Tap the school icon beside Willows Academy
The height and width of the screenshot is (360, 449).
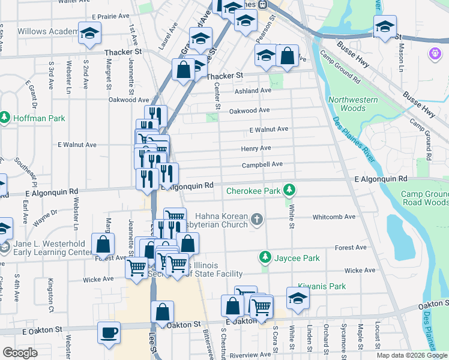(x=89, y=34)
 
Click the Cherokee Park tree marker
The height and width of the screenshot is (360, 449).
(x=289, y=190)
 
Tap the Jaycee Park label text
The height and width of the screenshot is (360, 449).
(x=297, y=258)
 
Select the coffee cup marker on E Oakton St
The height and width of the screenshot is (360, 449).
(x=109, y=332)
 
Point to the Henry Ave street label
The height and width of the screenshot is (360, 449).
(x=256, y=148)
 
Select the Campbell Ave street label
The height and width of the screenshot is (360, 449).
(x=262, y=164)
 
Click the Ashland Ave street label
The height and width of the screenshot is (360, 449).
(x=253, y=91)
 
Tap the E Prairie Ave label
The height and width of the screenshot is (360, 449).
(x=110, y=16)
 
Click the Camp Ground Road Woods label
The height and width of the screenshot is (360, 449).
(x=424, y=199)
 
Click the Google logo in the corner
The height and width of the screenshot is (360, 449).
(x=20, y=353)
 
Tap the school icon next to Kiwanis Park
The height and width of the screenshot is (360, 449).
(x=298, y=298)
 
